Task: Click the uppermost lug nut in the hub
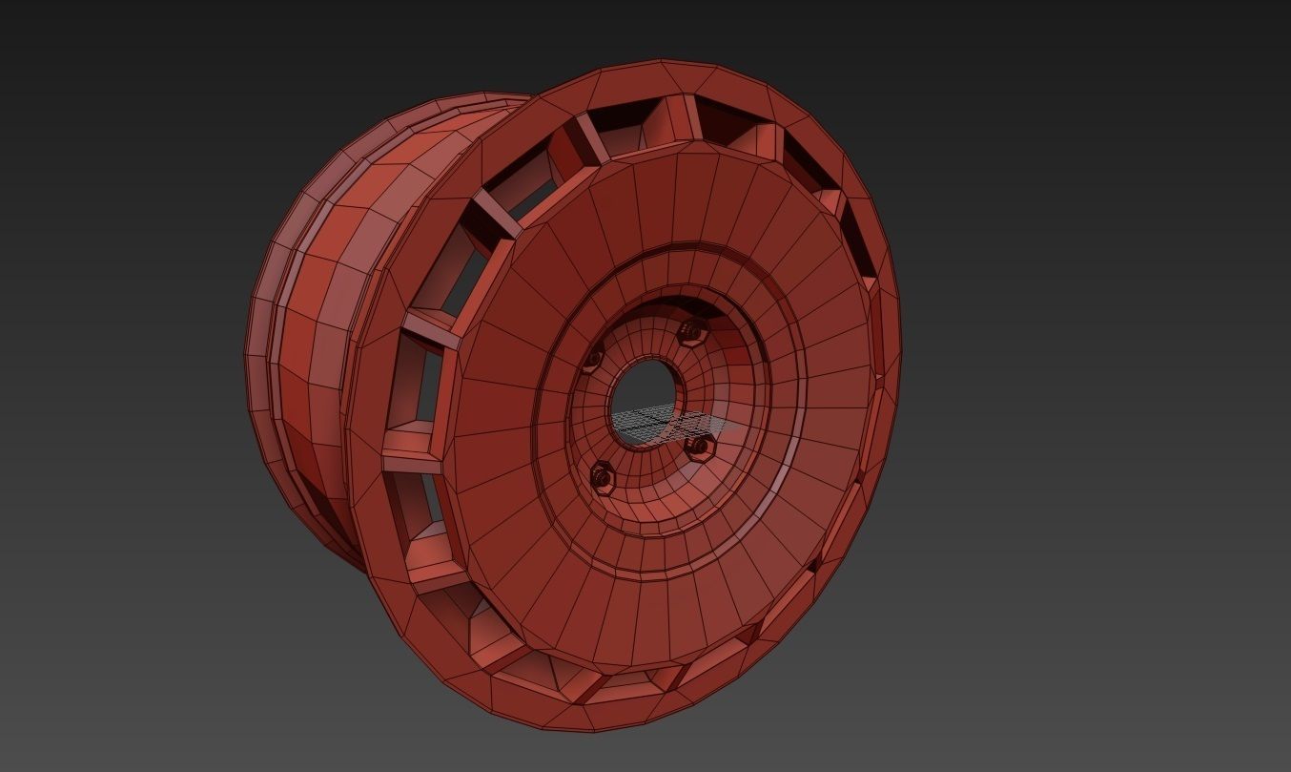(x=690, y=331)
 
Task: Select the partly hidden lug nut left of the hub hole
(x=591, y=360)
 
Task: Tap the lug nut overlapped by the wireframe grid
(x=699, y=445)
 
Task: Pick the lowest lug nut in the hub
(x=603, y=473)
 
